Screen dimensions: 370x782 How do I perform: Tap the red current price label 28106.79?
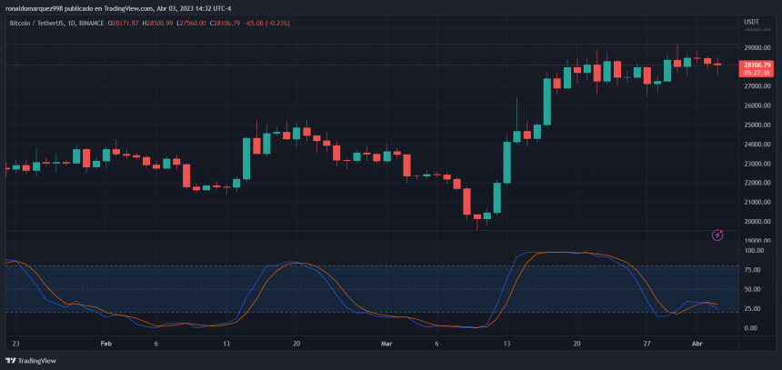tap(757, 65)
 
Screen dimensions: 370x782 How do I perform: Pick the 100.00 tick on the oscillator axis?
tap(754, 251)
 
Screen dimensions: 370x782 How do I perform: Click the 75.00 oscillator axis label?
tap(754, 271)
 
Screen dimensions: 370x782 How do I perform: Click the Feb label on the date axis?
tap(105, 345)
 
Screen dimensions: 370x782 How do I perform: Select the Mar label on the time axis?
tap(387, 345)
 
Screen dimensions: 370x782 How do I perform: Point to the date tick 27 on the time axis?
tap(647, 345)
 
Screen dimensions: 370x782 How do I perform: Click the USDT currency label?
tap(752, 21)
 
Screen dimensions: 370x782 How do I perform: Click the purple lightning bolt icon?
tap(717, 235)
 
